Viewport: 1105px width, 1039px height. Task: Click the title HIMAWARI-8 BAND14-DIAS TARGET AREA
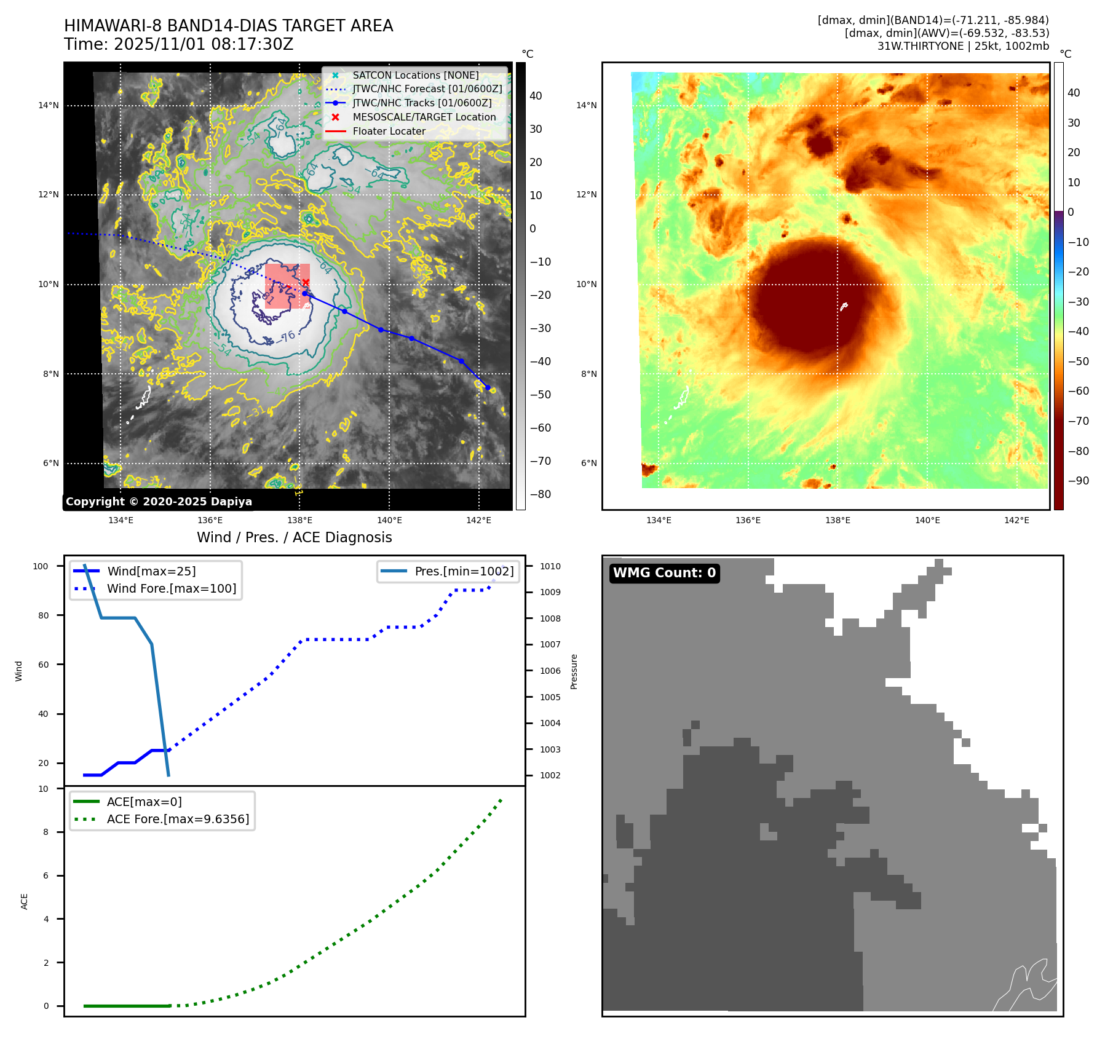pos(228,26)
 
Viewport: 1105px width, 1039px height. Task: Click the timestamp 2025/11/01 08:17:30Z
pos(204,44)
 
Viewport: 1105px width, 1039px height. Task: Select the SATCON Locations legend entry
pos(415,75)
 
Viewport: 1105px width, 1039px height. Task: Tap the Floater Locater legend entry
pos(389,131)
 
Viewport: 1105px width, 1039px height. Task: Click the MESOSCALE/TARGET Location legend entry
pos(424,117)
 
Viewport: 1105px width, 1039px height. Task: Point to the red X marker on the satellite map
pos(306,282)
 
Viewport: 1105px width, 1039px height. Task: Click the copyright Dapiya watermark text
pos(159,502)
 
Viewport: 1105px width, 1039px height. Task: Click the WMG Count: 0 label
pos(664,573)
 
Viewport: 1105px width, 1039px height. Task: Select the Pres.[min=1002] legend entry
pos(464,571)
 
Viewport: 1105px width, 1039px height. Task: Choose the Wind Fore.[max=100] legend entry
pos(171,588)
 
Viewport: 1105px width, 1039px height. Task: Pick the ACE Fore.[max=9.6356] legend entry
pos(178,819)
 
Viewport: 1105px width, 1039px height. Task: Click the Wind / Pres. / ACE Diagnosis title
pos(294,537)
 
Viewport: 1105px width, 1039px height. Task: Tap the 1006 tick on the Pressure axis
pos(550,671)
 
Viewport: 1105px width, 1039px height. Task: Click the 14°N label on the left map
pos(49,105)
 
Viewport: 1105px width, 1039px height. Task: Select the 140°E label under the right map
pos(927,520)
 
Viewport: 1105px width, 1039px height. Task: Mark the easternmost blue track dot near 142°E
pos(488,387)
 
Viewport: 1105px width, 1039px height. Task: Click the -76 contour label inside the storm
pos(287,336)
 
